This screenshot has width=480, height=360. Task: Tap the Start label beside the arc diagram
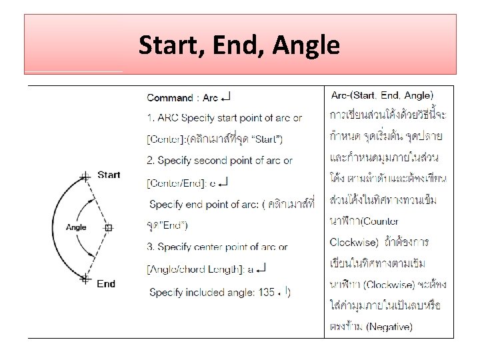109,175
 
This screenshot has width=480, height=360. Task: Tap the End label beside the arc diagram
106,283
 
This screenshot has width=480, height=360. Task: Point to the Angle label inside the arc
76,227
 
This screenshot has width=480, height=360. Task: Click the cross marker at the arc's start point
85,177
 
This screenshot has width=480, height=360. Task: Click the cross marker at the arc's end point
85,279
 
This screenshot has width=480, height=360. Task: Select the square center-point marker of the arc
109,227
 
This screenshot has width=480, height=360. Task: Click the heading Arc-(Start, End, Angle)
381,95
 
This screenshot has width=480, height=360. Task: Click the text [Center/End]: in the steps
176,181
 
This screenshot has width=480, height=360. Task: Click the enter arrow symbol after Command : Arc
226,97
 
